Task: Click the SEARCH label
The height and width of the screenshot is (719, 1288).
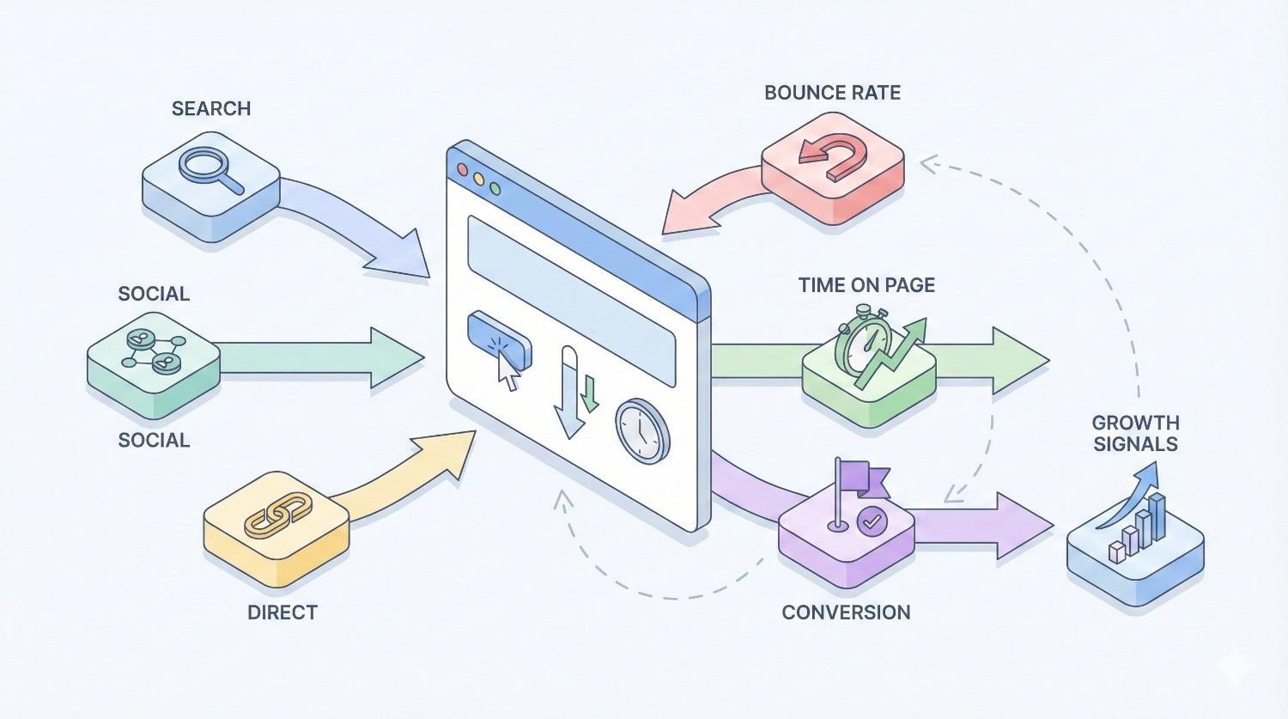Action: point(210,108)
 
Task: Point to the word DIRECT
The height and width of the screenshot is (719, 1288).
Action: point(283,612)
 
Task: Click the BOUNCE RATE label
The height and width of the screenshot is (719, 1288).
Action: point(832,93)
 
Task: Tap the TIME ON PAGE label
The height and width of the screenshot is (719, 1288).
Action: point(866,285)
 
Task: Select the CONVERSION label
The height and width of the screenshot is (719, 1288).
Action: point(846,612)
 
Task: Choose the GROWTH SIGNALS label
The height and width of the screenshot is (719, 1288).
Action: point(1135,433)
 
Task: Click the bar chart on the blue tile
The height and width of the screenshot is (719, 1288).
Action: point(1138,526)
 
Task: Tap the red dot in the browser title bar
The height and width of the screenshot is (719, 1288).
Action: point(464,170)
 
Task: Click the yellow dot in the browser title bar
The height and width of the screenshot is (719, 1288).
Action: point(478,179)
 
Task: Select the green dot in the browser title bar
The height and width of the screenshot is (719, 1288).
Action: point(494,187)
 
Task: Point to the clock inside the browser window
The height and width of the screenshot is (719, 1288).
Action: point(642,430)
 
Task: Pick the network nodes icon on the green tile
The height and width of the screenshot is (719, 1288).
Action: point(153,351)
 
